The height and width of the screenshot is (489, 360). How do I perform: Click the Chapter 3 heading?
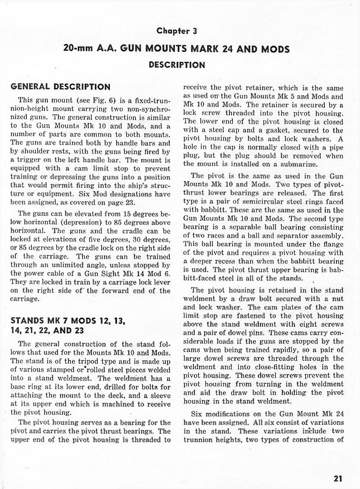(x=176, y=31)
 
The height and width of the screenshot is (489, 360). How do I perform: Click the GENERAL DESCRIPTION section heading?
(x=61, y=87)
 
